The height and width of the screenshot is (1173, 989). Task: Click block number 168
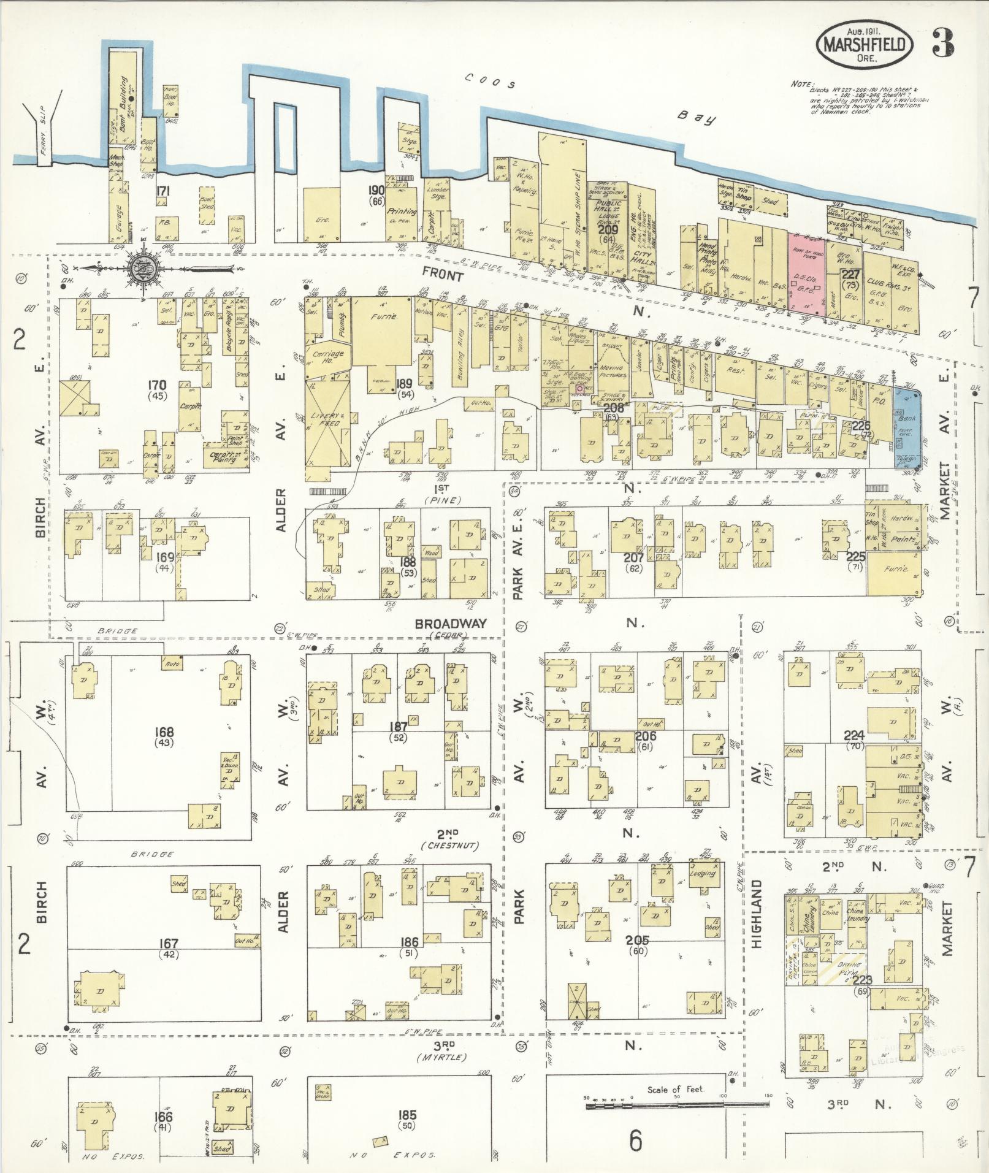point(164,732)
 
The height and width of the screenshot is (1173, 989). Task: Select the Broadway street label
point(451,624)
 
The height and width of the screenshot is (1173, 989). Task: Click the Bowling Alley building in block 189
point(462,347)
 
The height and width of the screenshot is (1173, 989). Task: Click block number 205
point(638,940)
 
